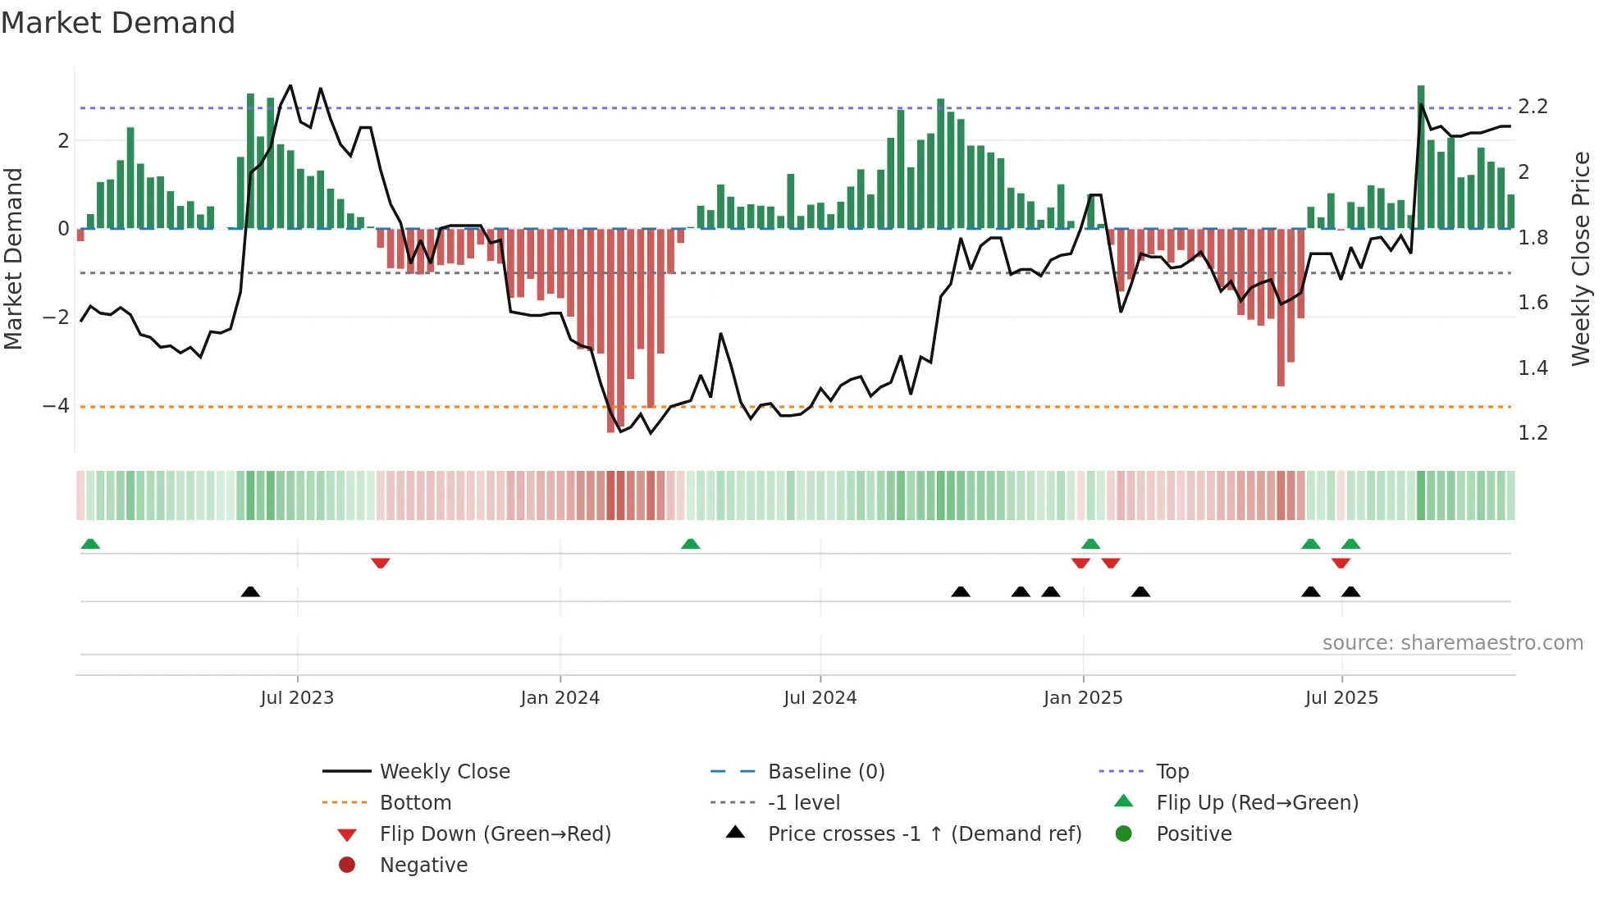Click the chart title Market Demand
118,23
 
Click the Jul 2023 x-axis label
297,698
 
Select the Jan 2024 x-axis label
560,698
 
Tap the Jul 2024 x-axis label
820,698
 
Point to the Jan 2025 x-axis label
1083,698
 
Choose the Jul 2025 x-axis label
1341,698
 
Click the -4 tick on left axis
56,406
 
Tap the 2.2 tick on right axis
1533,107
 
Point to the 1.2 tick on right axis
1533,433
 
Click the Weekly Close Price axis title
1581,258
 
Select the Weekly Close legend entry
444,772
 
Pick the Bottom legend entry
415,803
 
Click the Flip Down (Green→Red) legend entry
495,834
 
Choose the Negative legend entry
423,865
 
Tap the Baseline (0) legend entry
825,772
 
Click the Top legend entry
1172,772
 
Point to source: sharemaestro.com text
1452,643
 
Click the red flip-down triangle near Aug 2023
380,563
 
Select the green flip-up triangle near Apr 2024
691,544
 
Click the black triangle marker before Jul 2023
250,591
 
